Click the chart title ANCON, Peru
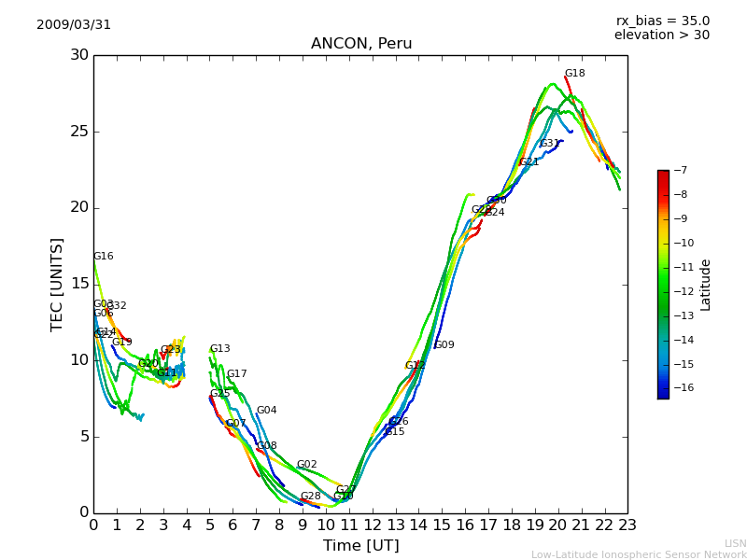361,44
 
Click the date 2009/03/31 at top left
74,25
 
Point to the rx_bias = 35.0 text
663,21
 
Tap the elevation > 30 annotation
662,35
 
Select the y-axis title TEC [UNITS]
57,284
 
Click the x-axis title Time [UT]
361,546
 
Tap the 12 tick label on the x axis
372,525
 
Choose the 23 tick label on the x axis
627,525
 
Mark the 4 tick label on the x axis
186,525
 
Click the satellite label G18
575,74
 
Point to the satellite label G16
103,257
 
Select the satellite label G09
444,345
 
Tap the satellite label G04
267,411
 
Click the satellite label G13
219,349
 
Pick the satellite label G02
307,465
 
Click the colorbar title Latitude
706,285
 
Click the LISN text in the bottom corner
735,543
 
